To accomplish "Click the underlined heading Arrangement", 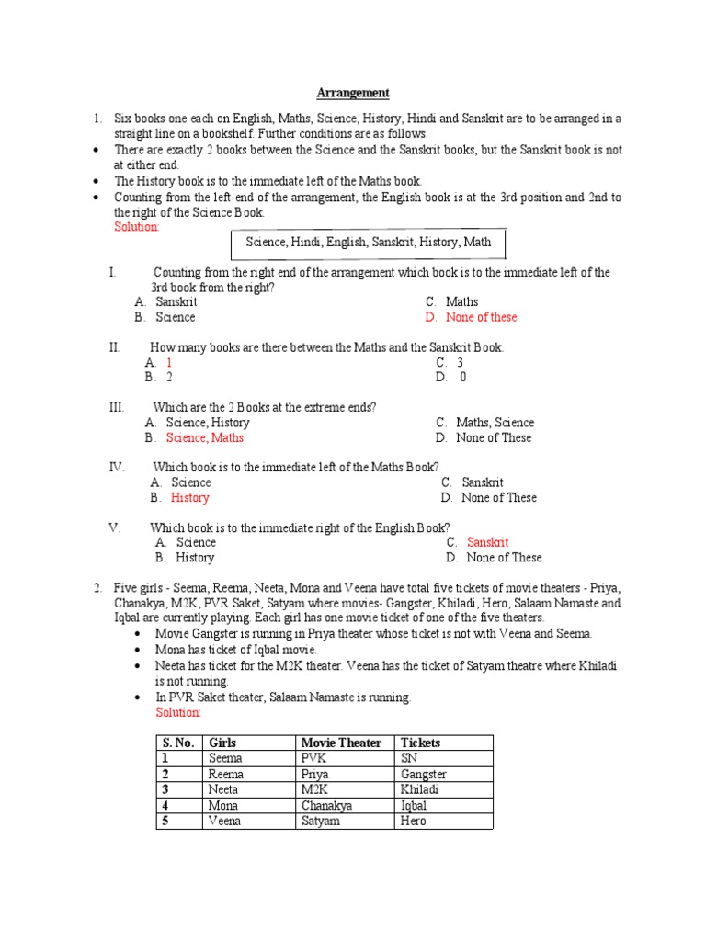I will tap(353, 93).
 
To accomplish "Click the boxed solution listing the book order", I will tap(368, 243).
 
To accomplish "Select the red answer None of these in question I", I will tap(481, 317).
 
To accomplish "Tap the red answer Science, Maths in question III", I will tap(204, 437).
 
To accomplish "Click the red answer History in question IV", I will tap(190, 497).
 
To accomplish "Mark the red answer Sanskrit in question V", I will tap(487, 542).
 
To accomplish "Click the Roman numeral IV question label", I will tap(117, 467).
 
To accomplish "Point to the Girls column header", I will tap(223, 743).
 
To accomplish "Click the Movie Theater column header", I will tap(341, 743).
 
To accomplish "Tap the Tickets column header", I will tap(420, 743).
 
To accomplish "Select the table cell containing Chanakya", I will tap(325, 805).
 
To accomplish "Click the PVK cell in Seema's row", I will tap(315, 758).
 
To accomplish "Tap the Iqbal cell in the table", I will tap(414, 805).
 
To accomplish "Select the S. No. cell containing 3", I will tap(166, 789).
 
